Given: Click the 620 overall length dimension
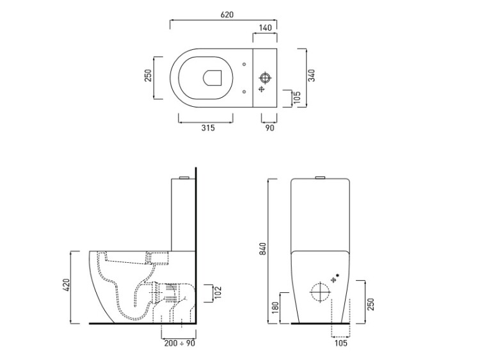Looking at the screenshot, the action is coord(227,15).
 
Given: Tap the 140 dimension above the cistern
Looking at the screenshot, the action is coord(265,28).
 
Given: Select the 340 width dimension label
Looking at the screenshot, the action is coord(312,75).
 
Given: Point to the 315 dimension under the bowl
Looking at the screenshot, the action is coord(208,128).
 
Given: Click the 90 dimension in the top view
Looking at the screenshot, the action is coord(269,128).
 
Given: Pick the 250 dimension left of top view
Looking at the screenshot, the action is coord(148,75).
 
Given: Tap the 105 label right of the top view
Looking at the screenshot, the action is coord(298,98).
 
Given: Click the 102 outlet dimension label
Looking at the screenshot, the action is coord(218,293).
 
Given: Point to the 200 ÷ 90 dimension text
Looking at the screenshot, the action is coord(180,343).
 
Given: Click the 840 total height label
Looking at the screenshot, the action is coord(263,249).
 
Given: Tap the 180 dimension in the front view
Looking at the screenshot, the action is coord(275,308).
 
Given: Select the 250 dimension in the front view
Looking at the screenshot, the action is coord(371,304).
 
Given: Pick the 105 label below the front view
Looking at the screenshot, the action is coord(340,343).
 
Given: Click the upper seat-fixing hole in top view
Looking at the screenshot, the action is coord(244,64).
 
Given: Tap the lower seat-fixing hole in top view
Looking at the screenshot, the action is coord(244,91).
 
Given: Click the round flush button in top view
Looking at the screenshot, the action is coord(264,77).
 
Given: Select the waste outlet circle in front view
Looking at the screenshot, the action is coord(320,292).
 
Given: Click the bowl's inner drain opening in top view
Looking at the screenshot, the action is coord(212,77).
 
